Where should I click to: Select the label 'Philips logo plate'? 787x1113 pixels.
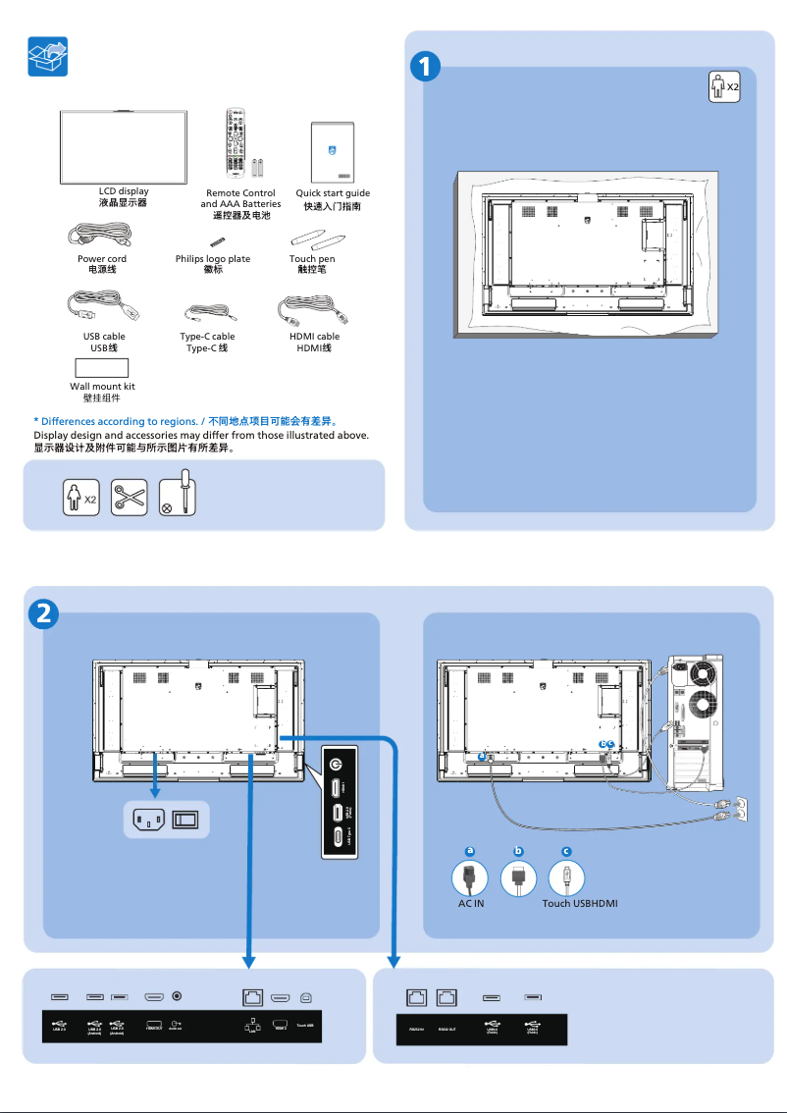(213, 259)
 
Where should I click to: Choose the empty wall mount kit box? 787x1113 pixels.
(102, 369)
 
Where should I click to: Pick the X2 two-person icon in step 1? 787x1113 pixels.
(724, 87)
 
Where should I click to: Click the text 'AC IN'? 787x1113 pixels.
(471, 903)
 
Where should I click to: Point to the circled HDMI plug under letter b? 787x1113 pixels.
(518, 876)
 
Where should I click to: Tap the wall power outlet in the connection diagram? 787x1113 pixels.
(742, 808)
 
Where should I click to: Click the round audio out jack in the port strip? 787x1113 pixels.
(178, 995)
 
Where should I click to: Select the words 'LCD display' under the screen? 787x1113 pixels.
(124, 192)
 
